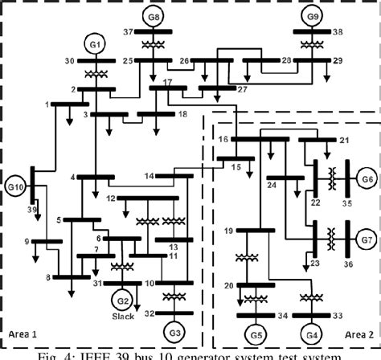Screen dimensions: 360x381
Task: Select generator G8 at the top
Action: pos(154,16)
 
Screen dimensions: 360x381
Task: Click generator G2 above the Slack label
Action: pos(123,297)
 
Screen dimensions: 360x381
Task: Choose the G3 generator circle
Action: pos(173,331)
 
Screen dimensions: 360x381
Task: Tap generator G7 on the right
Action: pos(367,239)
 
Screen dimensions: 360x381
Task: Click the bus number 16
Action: pos(223,139)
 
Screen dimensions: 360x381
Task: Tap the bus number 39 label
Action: pos(31,209)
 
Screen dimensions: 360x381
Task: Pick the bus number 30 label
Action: pos(69,61)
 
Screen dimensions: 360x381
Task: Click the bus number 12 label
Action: pos(111,198)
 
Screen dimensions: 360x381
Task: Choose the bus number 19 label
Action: pos(229,231)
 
